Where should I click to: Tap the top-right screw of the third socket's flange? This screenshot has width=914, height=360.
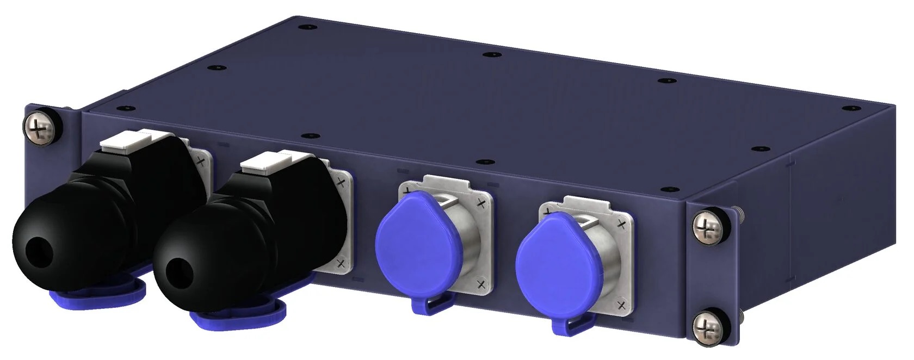tap(480, 203)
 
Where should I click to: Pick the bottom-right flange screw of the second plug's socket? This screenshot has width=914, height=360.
tap(341, 264)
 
